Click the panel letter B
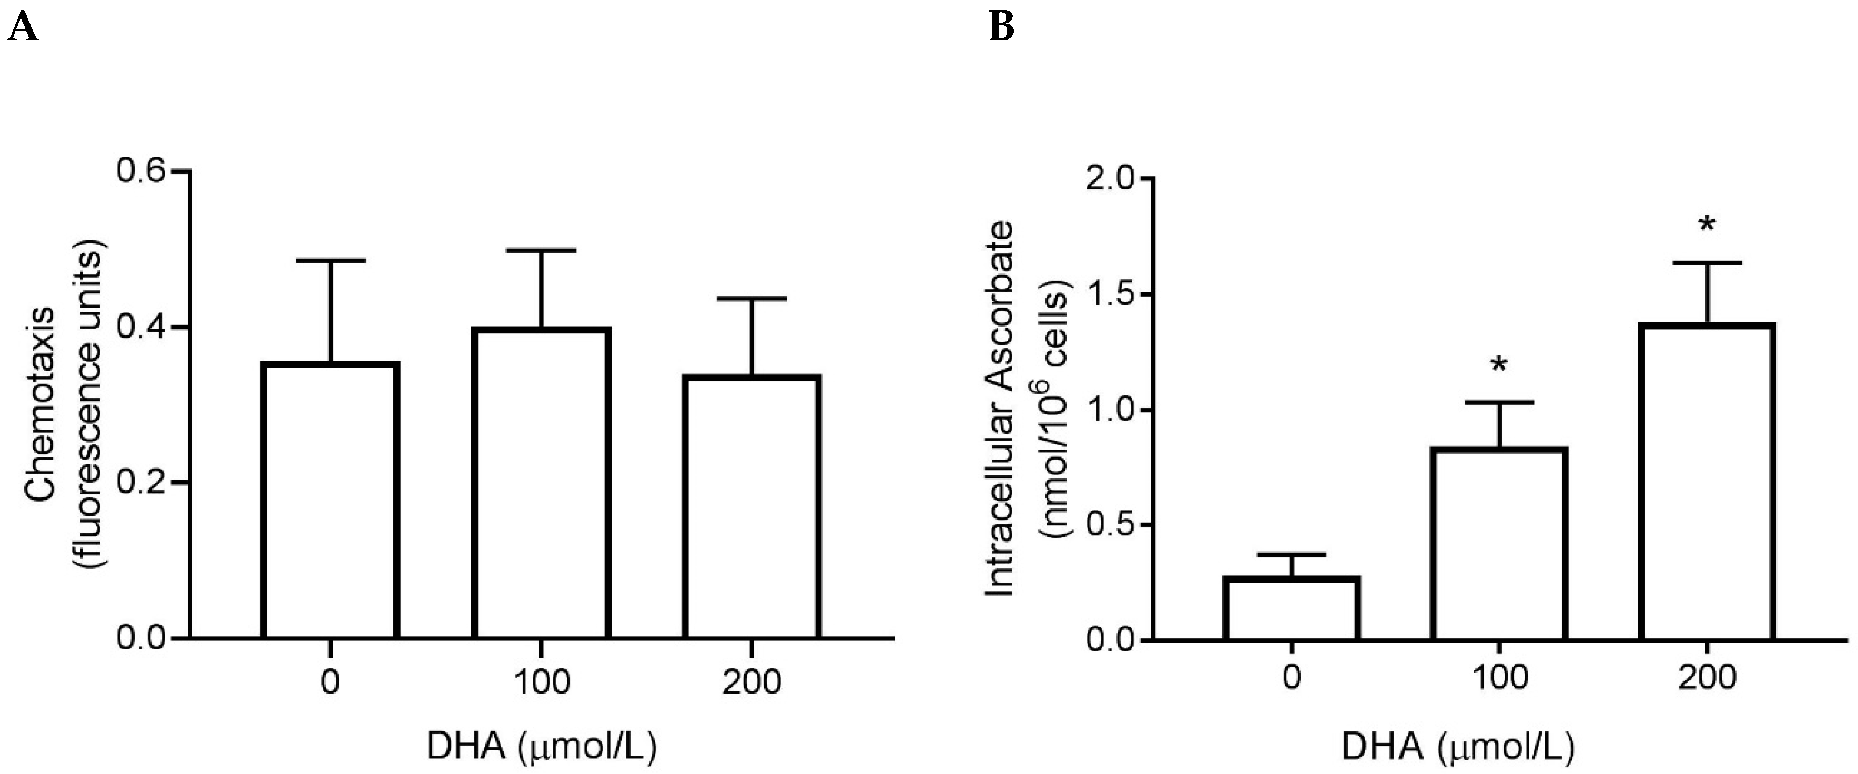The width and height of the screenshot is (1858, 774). click(1002, 28)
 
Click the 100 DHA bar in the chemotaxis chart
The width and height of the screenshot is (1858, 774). click(542, 483)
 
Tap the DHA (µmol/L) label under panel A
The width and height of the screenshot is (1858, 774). click(542, 747)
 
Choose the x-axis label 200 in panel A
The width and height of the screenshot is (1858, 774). click(752, 681)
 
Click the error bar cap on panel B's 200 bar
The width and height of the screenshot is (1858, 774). click(1707, 262)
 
